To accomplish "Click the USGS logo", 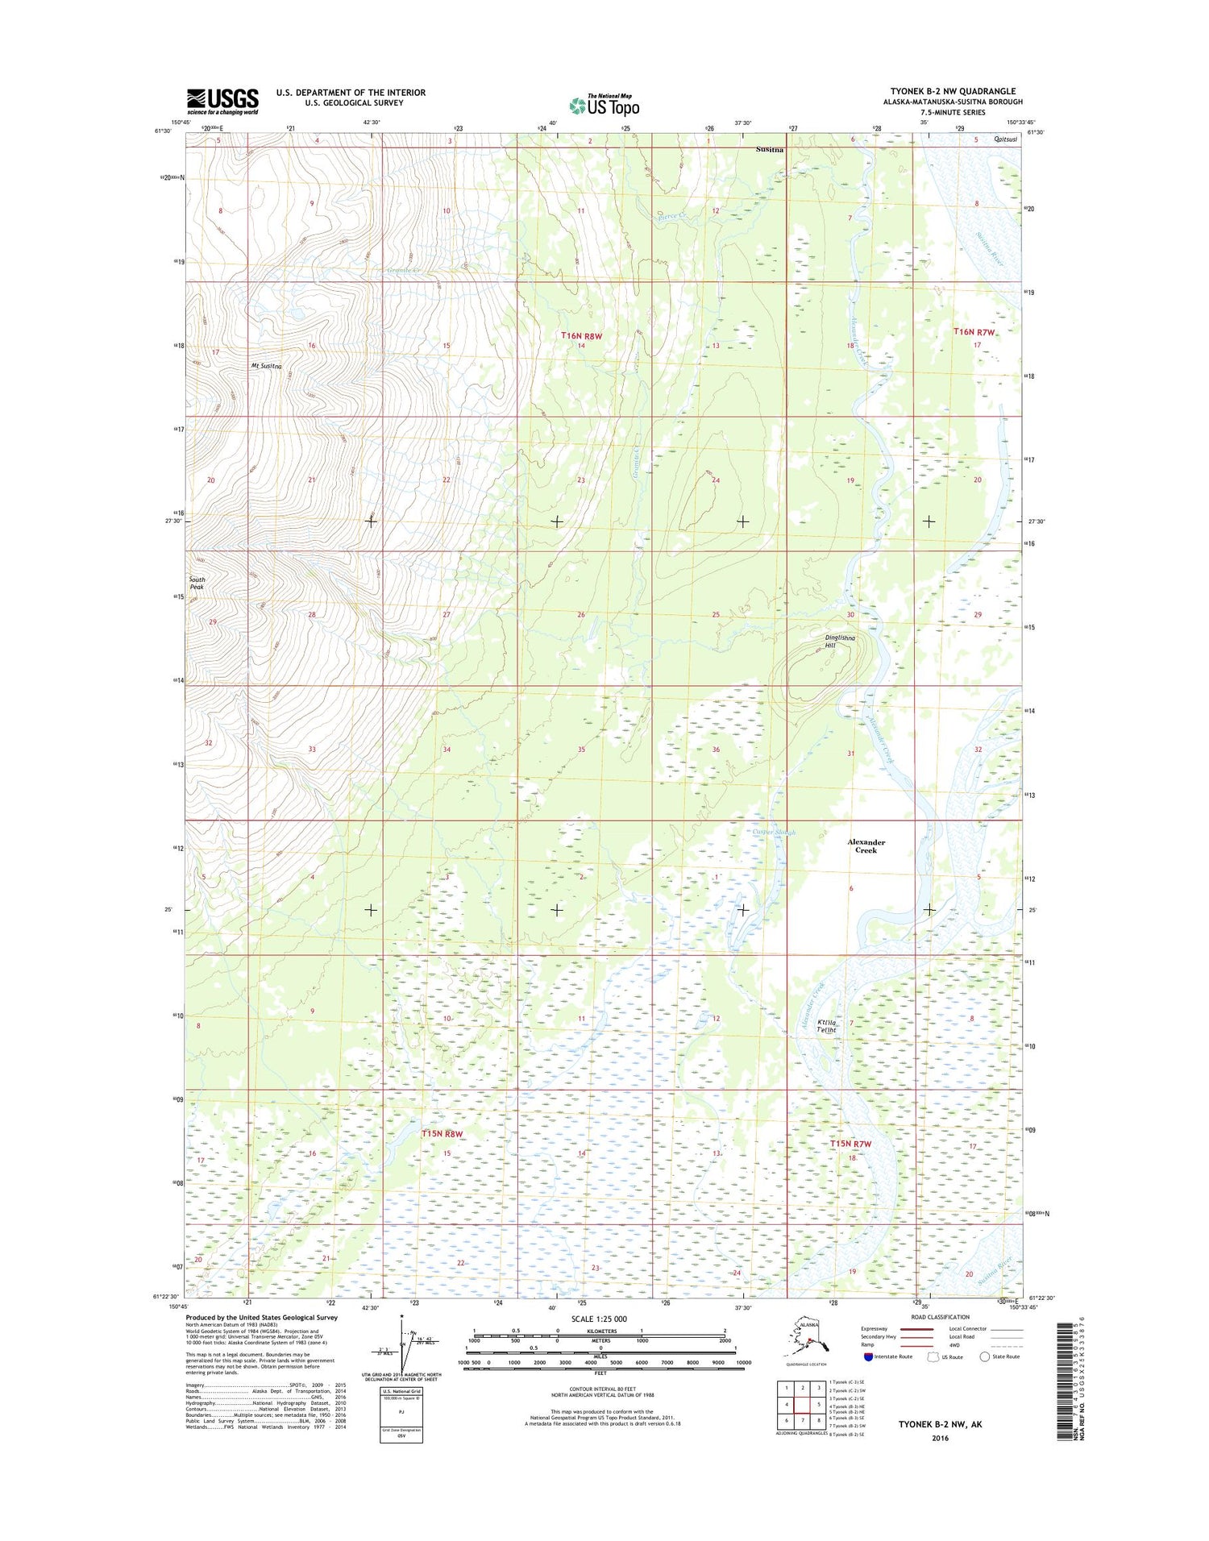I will click(x=222, y=102).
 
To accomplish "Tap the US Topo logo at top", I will click(x=604, y=105).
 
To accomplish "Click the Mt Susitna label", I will click(x=266, y=366).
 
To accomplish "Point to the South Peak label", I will click(x=197, y=583).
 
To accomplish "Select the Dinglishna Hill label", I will click(x=840, y=642).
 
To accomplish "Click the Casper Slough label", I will click(x=773, y=833).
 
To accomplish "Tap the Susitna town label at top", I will click(x=771, y=150).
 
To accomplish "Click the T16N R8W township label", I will click(x=581, y=334).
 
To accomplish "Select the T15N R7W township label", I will click(x=851, y=1144).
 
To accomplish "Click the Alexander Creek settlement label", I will click(x=866, y=845).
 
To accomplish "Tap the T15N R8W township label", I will click(x=442, y=1133).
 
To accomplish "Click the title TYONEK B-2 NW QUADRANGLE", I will click(x=953, y=91).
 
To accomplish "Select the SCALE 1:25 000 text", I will click(x=599, y=1319).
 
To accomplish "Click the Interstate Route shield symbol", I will click(x=868, y=1357).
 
